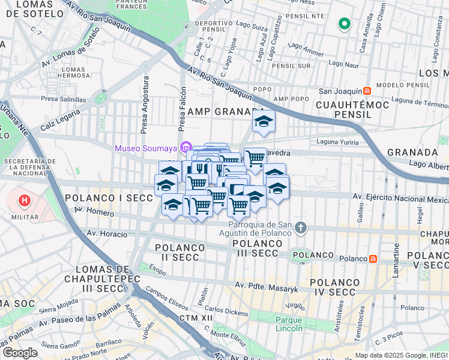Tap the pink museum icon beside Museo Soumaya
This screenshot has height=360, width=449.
[185, 148]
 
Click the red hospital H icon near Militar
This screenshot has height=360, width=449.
[25, 200]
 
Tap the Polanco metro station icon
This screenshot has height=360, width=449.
[373, 259]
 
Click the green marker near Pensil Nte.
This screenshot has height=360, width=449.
[344, 24]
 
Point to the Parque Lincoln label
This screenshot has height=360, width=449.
[289, 324]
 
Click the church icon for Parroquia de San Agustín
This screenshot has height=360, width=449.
[301, 227]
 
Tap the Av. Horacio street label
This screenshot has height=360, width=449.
[108, 233]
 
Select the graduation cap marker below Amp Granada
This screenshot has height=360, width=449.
[264, 122]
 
